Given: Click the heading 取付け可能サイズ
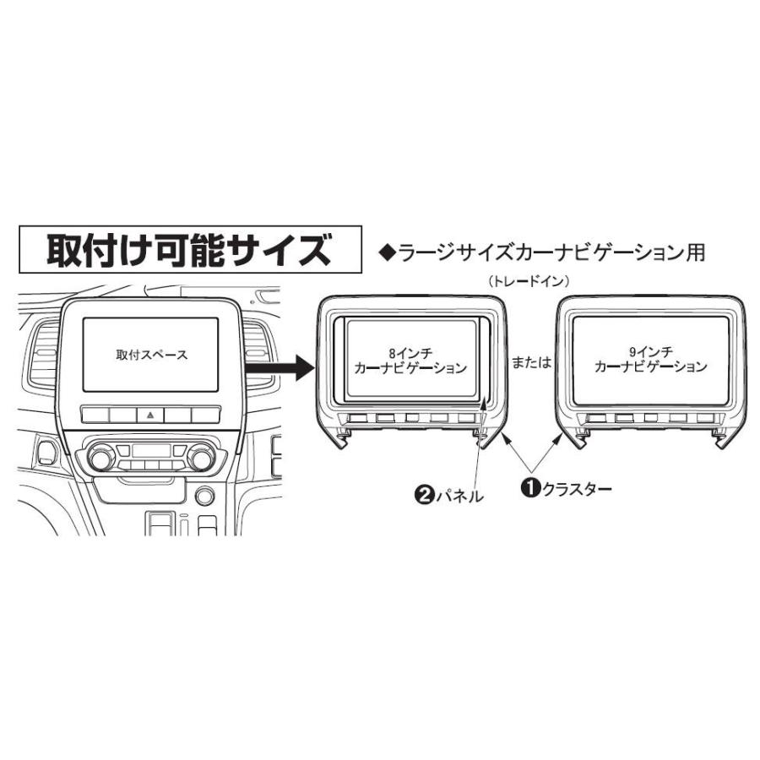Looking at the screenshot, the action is click(185, 250).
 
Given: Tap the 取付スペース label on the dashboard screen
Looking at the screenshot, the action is click(152, 356).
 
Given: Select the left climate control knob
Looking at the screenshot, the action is click(100, 459).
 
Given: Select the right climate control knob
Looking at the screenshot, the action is click(202, 459).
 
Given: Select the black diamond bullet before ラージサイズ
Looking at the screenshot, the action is click(388, 252).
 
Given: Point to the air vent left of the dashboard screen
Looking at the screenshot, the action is click(41, 359).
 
